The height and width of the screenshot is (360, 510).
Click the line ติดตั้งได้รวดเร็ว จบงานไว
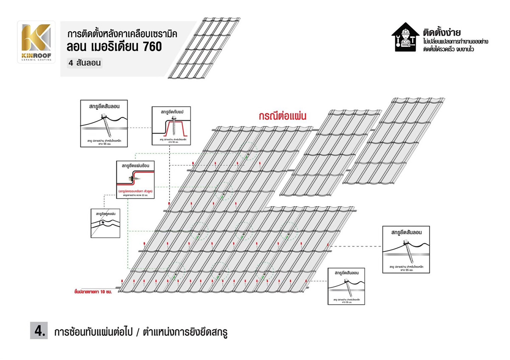click(x=448, y=49)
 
